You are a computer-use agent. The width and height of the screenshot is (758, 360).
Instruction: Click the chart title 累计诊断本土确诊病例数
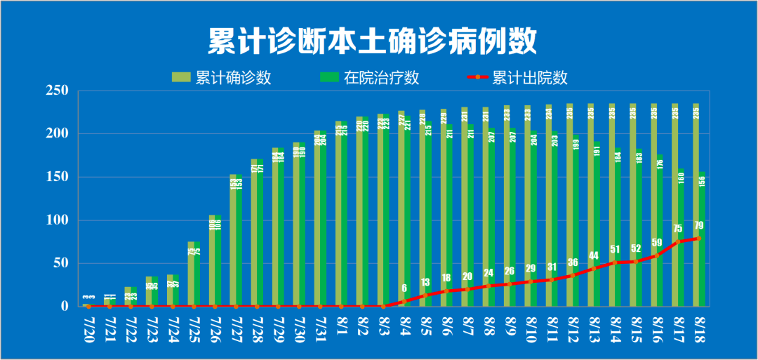tap(372, 41)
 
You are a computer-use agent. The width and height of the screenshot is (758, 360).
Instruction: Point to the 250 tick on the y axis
tap(56, 91)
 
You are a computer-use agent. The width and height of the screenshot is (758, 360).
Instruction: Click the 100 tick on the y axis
tap(56, 220)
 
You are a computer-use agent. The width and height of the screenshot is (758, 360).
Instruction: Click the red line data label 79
tap(699, 226)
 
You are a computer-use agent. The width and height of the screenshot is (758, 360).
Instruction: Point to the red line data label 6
tap(404, 288)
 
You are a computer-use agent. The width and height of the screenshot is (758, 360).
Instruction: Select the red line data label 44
tap(594, 255)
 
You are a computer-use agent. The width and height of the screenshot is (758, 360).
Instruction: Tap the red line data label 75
tap(678, 229)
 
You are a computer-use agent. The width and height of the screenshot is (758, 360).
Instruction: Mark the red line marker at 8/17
tap(678, 241)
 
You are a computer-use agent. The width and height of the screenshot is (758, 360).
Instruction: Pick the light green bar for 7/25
tap(190, 274)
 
